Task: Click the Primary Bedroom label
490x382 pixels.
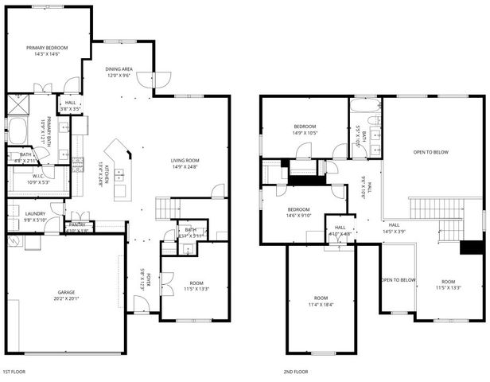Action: pyautogui.click(x=46, y=49)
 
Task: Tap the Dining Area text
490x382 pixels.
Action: pyautogui.click(x=119, y=69)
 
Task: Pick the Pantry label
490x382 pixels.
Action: pyautogui.click(x=77, y=225)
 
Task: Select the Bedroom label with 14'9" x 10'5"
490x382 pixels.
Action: pyautogui.click(x=305, y=127)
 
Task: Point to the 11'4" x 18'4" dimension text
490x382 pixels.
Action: pyautogui.click(x=321, y=305)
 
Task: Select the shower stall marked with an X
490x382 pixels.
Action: pyautogui.click(x=17, y=104)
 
